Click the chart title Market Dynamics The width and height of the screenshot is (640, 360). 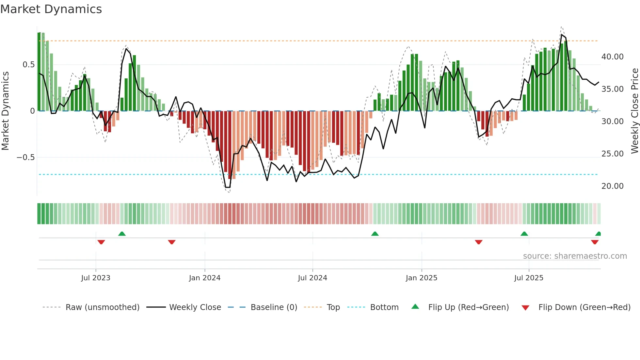click(x=51, y=9)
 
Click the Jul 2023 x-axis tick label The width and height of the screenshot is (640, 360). click(x=96, y=278)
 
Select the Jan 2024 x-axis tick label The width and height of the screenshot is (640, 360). click(x=205, y=278)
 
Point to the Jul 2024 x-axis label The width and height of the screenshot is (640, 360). click(x=312, y=278)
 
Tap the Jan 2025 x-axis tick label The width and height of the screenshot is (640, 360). click(x=422, y=278)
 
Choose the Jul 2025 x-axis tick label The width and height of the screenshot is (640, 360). click(x=529, y=278)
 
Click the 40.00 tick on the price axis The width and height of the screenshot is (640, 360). click(x=612, y=57)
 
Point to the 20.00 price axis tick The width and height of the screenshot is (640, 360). click(x=612, y=186)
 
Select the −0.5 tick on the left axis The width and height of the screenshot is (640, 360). click(x=26, y=157)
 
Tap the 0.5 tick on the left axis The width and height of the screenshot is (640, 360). click(x=29, y=65)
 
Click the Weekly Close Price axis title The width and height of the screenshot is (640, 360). click(x=634, y=111)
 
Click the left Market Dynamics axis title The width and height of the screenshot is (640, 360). click(x=5, y=111)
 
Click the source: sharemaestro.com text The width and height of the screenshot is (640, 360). click(x=575, y=256)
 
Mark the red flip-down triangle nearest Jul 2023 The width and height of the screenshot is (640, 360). click(x=101, y=242)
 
